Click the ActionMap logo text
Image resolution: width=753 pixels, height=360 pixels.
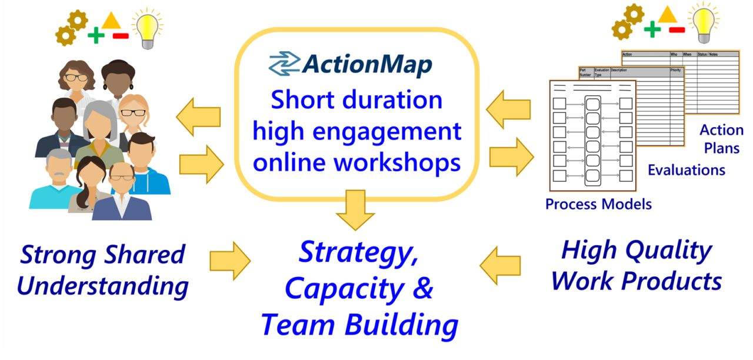pos(368,64)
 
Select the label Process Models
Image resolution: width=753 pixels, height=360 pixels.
pos(598,204)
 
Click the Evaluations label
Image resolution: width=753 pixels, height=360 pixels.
pos(686,170)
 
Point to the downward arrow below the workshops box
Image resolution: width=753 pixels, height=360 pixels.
pos(355,210)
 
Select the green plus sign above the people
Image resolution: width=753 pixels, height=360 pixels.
pos(95,36)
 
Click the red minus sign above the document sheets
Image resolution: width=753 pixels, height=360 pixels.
pos(677,29)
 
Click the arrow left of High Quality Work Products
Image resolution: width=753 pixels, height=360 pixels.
pos(501,265)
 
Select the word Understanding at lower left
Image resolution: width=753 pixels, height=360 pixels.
pos(103,287)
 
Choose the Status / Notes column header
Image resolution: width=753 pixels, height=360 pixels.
pos(708,54)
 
